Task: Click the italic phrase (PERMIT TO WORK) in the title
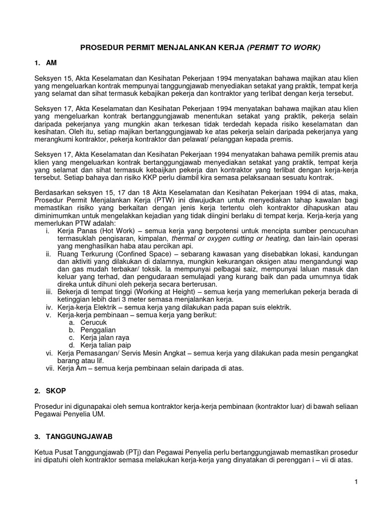coord(284,48)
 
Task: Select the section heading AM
coord(52,63)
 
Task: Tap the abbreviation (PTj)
coord(138,452)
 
